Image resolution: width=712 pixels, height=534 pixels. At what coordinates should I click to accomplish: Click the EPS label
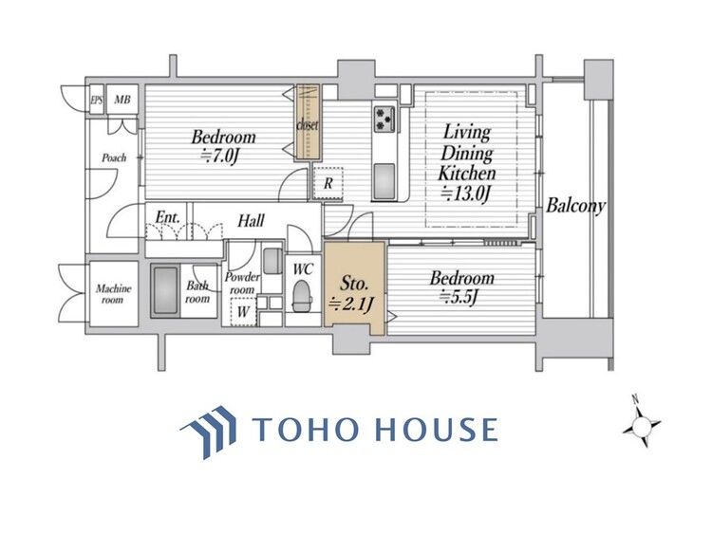coord(96,100)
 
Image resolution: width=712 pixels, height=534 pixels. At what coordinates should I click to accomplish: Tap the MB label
coord(122,99)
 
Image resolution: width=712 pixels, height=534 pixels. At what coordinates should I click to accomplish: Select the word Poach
coord(114,157)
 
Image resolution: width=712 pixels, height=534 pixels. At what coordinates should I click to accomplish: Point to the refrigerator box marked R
coord(328,183)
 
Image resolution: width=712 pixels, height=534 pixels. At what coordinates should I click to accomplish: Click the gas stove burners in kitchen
coord(384,117)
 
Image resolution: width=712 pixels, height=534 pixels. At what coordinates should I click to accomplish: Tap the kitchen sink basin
coord(384,179)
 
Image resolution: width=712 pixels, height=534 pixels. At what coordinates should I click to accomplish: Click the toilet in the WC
coord(302,296)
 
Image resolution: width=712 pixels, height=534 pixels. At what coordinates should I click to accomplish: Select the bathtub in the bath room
coord(165,291)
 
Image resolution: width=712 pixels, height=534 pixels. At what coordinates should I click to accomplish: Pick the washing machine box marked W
coord(243,312)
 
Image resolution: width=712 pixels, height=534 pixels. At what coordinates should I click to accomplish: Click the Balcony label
coord(576,206)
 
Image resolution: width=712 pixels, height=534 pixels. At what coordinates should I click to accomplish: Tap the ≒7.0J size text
coord(220,157)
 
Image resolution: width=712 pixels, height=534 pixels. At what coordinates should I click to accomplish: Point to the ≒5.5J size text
coord(459,297)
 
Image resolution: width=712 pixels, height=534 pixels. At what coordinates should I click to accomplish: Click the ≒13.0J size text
coord(466,194)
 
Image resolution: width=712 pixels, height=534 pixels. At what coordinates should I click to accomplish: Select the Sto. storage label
coord(354,284)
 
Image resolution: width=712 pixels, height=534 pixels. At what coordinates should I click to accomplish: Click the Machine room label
coord(114,294)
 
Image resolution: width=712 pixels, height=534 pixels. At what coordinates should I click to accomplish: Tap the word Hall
coord(252,221)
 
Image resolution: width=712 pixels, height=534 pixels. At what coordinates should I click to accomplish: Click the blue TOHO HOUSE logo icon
coord(210,432)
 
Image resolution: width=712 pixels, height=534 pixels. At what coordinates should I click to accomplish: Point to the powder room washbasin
coord(272,261)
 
